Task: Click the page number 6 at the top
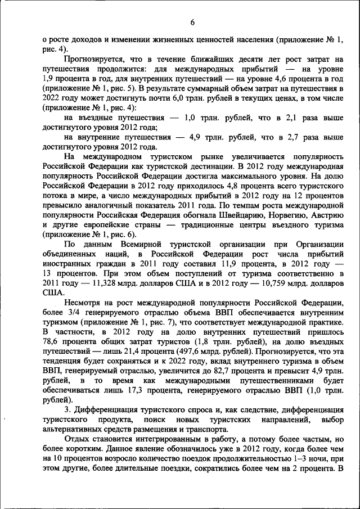pos(192,22)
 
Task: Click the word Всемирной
pos(141,245)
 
